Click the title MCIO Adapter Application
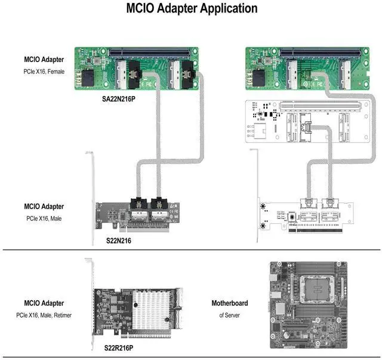[x=192, y=9]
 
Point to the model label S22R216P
[x=119, y=347]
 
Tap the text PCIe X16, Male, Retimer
[x=44, y=315]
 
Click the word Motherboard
[x=229, y=303]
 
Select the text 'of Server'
[x=229, y=315]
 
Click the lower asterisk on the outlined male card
[x=263, y=226]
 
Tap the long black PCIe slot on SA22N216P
[x=156, y=53]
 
